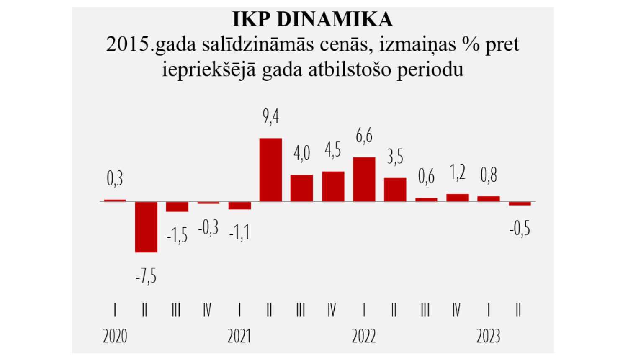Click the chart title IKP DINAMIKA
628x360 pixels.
pos(312,19)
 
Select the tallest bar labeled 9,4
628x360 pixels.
pos(270,170)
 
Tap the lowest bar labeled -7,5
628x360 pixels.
pos(146,227)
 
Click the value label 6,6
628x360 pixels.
pos(364,136)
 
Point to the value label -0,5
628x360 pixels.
pos(520,229)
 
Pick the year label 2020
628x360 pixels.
pos(115,336)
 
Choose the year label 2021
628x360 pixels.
pos(239,336)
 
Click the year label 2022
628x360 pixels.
pos(363,336)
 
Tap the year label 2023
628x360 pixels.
pos(488,336)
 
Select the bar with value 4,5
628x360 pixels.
pos(333,186)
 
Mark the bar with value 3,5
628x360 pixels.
pos(395,190)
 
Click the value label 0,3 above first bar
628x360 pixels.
pos(115,179)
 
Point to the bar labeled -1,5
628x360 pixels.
pos(177,207)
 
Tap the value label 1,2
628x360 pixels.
pos(457,172)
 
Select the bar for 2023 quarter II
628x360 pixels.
pos(520,203)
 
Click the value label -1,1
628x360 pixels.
pos(239,232)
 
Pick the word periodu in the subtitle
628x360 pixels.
pos(430,69)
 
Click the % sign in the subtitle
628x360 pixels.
pos(471,44)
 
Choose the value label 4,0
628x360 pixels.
pos(301,153)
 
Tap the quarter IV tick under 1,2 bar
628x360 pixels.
pos(456,310)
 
